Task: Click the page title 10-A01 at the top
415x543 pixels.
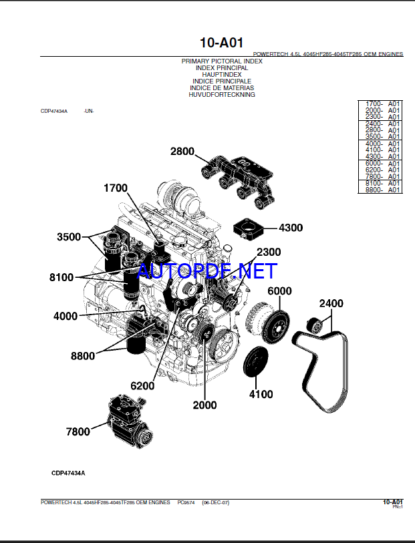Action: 221,43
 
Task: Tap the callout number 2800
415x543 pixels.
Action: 182,152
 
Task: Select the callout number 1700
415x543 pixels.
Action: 115,188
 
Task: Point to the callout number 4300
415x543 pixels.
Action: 291,228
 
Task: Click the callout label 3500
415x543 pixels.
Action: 69,237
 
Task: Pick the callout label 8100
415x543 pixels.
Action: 61,277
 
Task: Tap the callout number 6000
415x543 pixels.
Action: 279,291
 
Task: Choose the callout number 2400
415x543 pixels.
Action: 331,304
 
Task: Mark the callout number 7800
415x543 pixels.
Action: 78,431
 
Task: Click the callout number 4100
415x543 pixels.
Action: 261,394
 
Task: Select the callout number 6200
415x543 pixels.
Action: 142,385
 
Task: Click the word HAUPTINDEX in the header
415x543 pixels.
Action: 222,75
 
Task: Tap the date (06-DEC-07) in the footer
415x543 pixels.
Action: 215,502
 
